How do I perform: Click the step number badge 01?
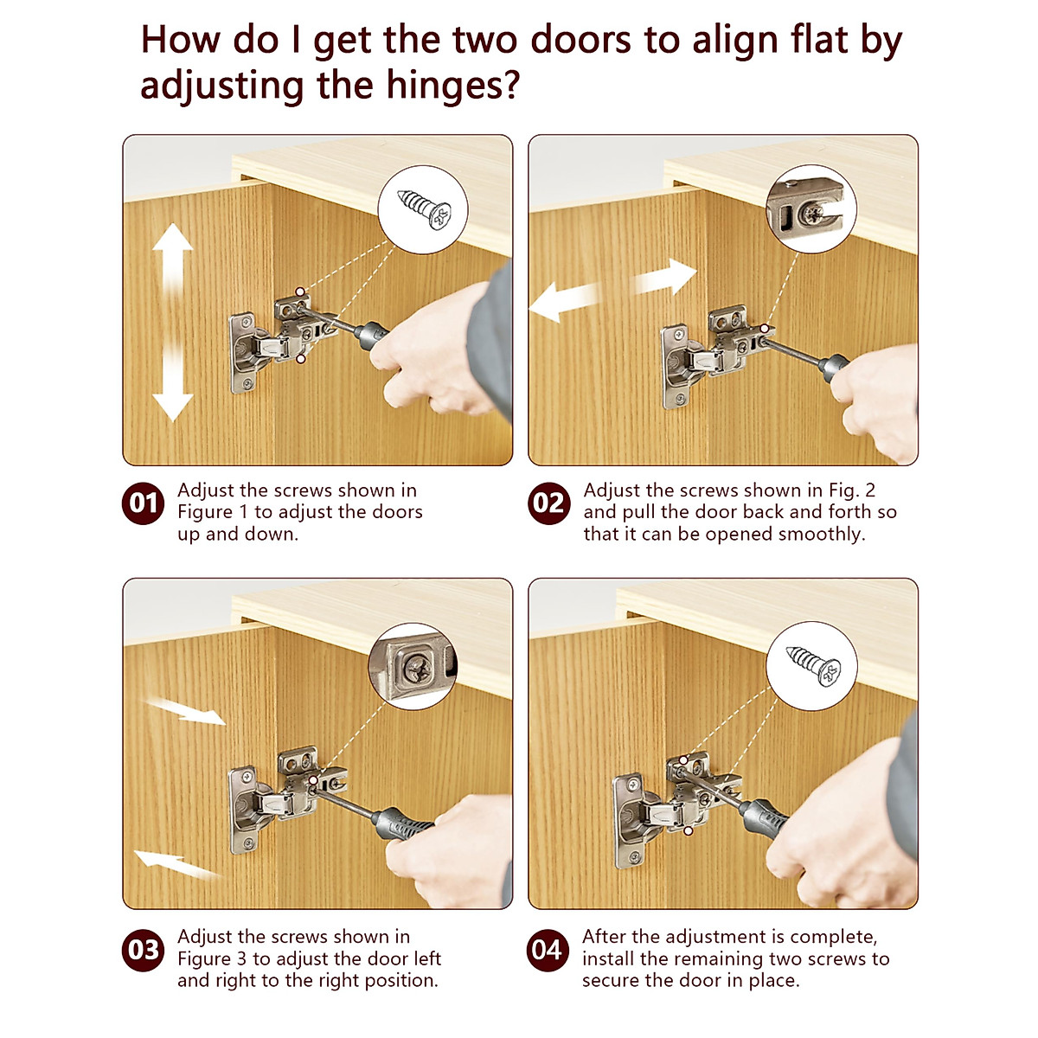[x=143, y=503]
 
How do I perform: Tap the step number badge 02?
[x=548, y=503]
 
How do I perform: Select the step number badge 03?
[x=143, y=950]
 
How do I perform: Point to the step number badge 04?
[x=548, y=950]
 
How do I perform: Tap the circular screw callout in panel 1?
[x=423, y=209]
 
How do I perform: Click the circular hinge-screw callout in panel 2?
[x=811, y=209]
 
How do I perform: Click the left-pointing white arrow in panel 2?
[x=566, y=303]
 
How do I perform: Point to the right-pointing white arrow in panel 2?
[x=666, y=277]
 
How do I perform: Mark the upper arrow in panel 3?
[x=183, y=711]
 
